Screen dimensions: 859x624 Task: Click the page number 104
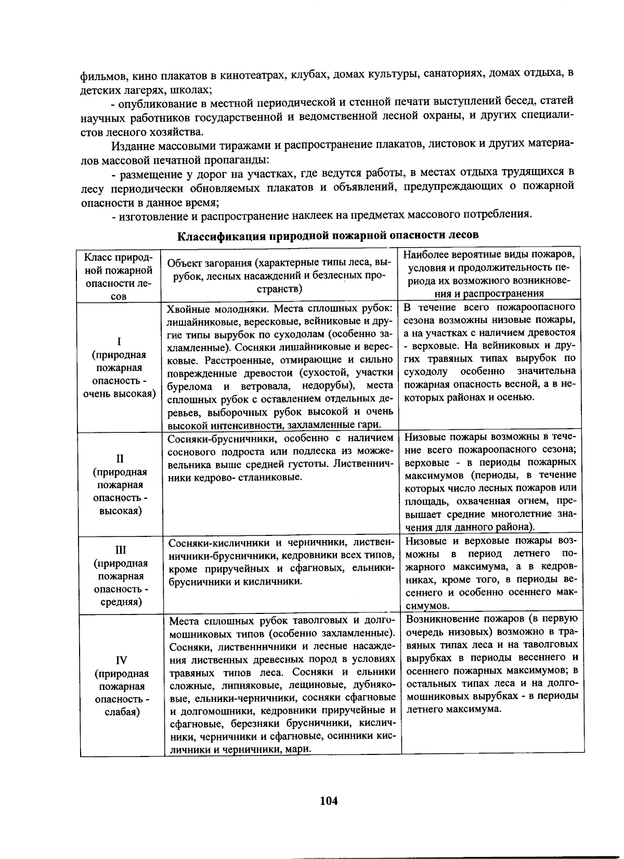pos(329,801)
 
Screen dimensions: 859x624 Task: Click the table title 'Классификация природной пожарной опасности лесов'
pos(328,235)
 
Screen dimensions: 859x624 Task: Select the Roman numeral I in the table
pos(119,341)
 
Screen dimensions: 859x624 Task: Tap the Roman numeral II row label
pos(120,458)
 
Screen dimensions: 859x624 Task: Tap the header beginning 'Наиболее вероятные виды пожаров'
pos(489,274)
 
